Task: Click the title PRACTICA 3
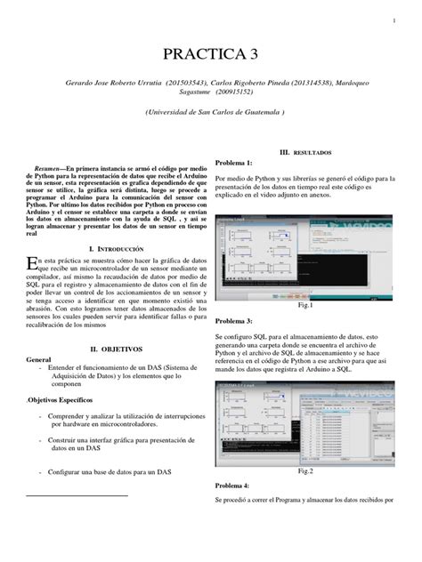coord(211,54)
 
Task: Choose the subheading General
coord(41,361)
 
